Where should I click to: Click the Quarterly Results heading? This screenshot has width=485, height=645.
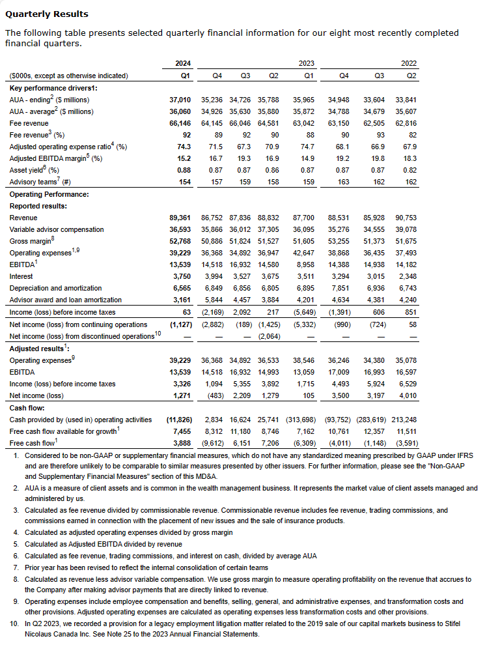(46, 14)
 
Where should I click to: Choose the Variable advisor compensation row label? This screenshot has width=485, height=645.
(57, 229)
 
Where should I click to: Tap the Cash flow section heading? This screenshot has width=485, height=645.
(26, 407)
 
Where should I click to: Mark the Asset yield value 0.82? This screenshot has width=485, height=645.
(408, 170)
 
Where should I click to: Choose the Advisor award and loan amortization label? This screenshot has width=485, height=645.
(64, 300)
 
